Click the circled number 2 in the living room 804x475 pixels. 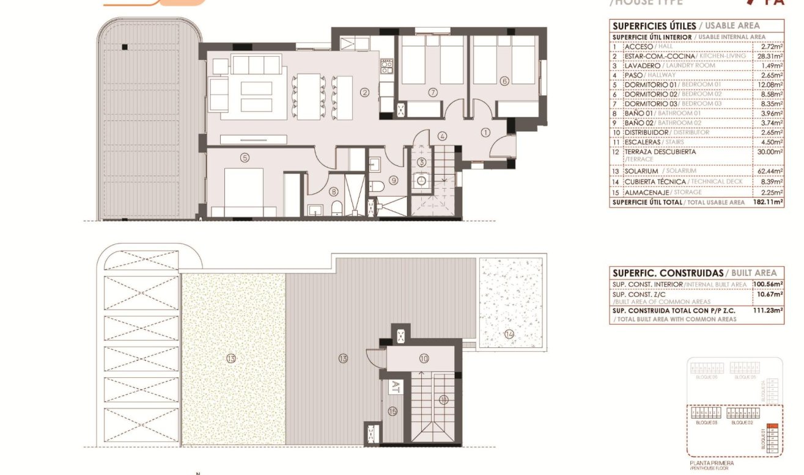[x=364, y=93]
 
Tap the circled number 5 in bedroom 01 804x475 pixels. [x=245, y=158]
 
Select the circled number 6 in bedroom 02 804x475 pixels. [x=504, y=81]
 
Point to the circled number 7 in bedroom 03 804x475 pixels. [x=433, y=92]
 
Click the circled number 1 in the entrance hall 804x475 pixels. [x=486, y=131]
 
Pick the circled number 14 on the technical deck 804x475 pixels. [x=510, y=333]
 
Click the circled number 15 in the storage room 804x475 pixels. [x=392, y=412]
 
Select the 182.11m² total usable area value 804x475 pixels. [x=768, y=201]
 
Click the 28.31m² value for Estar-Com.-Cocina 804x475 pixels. [x=770, y=56]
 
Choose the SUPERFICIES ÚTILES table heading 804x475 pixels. [x=654, y=26]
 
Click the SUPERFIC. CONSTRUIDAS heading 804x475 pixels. [x=668, y=273]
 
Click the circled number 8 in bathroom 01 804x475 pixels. [x=334, y=191]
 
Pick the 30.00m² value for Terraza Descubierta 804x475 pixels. [x=770, y=152]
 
